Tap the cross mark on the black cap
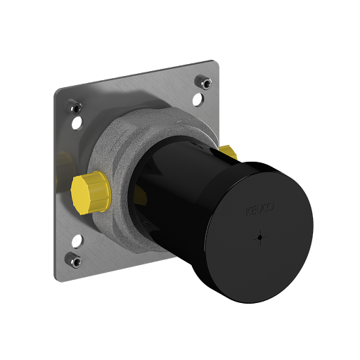point(259,237)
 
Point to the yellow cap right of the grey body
point(228,151)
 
